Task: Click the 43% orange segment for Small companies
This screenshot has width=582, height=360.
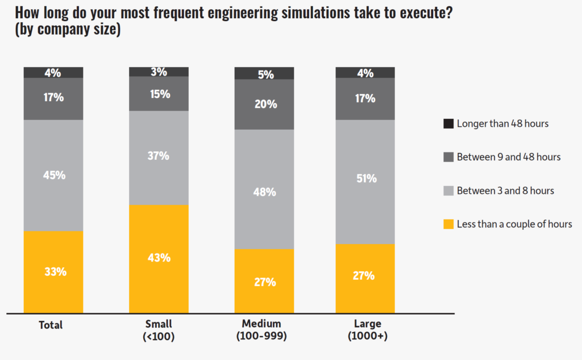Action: point(159,258)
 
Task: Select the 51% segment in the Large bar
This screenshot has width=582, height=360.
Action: point(365,179)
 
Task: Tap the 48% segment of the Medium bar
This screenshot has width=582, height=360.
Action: point(264,192)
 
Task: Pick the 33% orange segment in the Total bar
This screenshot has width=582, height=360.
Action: point(53,272)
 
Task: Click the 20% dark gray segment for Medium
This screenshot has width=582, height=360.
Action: point(264,104)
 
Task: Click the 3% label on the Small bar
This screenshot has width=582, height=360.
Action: point(159,72)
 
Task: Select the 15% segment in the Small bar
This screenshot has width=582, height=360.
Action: point(159,94)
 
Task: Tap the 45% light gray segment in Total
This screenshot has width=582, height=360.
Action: point(53,175)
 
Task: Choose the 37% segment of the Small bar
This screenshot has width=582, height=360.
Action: point(159,156)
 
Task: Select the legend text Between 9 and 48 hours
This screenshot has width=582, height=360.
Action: point(508,157)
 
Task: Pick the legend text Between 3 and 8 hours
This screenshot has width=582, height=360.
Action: point(505,191)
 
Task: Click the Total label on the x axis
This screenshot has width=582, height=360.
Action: point(51,326)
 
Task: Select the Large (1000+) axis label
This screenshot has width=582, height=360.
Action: point(368,330)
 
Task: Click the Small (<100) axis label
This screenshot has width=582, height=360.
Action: point(159,330)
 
